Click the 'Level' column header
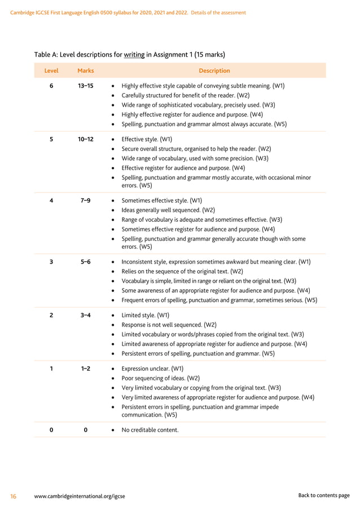[x=51, y=71]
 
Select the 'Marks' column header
[x=85, y=71]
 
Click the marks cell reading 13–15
[x=86, y=86]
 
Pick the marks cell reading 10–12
[x=86, y=139]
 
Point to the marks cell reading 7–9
[x=86, y=200]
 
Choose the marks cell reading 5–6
[x=86, y=262]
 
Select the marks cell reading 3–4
[x=86, y=315]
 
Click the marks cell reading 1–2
[x=86, y=368]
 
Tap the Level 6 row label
[x=51, y=86]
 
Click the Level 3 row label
[x=51, y=262]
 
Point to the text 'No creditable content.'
[x=150, y=430]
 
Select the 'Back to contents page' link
[x=324, y=495]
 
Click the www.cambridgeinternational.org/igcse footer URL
[x=80, y=496]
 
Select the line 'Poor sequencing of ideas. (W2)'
[x=161, y=378]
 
